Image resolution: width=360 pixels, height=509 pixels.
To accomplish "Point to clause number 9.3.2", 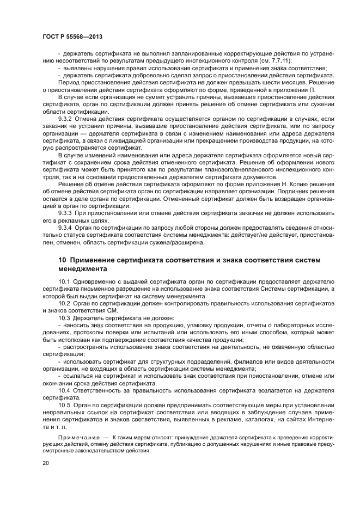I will [x=65, y=118].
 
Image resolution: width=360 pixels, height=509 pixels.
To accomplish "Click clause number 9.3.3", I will [x=65, y=214].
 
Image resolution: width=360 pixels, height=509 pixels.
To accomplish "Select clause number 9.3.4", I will [x=65, y=228].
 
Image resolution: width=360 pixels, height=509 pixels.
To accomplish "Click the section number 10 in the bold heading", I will [x=62, y=260].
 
